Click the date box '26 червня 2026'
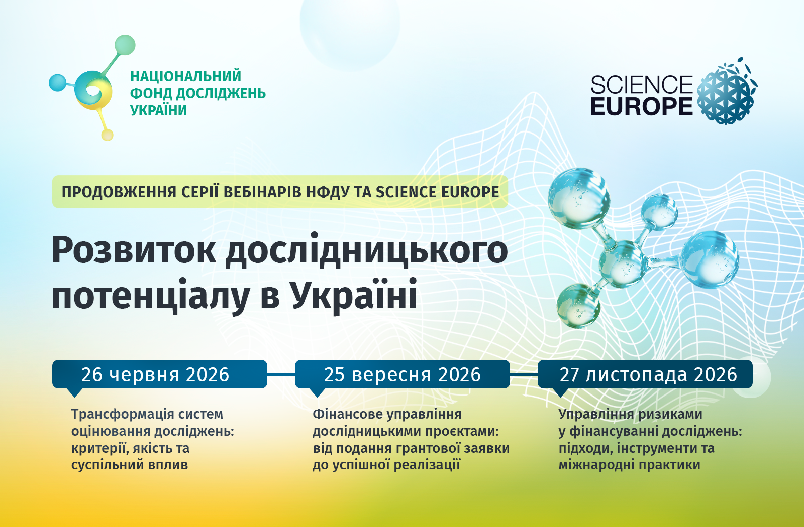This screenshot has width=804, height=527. point(160,374)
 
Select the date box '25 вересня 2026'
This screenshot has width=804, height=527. point(403,374)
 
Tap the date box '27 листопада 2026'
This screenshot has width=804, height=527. point(645,374)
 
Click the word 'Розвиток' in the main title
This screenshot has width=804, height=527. point(134,250)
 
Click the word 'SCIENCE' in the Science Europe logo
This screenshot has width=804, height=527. point(641,85)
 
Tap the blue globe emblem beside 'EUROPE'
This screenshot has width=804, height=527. point(727,91)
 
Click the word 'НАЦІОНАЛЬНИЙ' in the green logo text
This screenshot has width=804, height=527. point(185,76)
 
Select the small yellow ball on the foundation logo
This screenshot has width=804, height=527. point(108,135)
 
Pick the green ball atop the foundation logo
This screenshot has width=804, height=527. point(125,45)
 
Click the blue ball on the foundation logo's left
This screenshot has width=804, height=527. point(57,83)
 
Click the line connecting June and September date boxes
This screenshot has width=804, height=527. point(281,374)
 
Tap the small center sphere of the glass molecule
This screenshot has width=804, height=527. point(622,264)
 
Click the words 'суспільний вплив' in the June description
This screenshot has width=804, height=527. point(130,465)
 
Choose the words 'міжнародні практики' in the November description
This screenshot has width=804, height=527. point(630,465)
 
